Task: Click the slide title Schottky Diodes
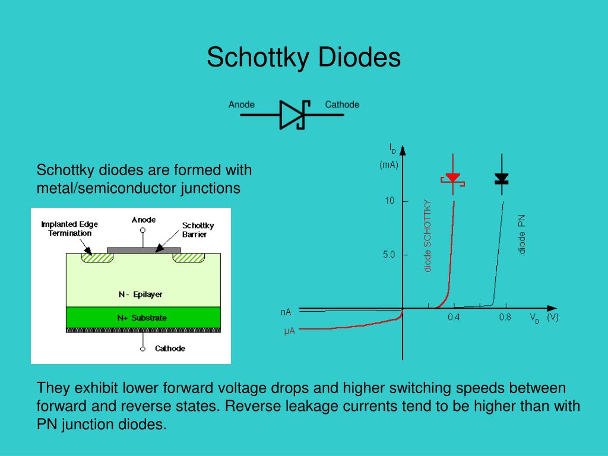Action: (x=303, y=58)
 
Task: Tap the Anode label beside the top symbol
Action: (x=241, y=104)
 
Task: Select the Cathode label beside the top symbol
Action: (x=342, y=104)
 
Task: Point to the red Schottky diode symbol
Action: (x=452, y=179)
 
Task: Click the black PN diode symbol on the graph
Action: (x=502, y=179)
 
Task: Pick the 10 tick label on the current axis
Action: (x=389, y=201)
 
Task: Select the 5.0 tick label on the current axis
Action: (x=388, y=254)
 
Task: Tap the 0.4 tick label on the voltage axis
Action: (x=454, y=317)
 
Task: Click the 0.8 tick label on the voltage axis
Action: (x=505, y=317)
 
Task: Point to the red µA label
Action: (x=289, y=331)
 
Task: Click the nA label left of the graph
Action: (x=286, y=312)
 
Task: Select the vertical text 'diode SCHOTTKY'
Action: (x=427, y=236)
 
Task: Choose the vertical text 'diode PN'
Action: (x=522, y=234)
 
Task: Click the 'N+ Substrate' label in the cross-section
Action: (x=142, y=318)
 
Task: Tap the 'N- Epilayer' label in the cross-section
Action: (x=140, y=294)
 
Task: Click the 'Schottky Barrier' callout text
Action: (x=198, y=230)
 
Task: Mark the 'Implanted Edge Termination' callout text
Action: (x=69, y=229)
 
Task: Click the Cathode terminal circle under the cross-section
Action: (x=142, y=349)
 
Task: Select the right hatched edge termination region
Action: (x=188, y=258)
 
